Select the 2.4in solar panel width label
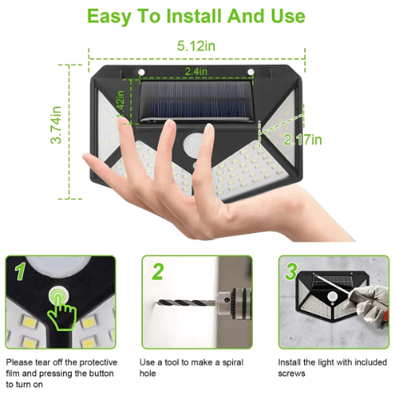196,72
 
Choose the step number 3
292,272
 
